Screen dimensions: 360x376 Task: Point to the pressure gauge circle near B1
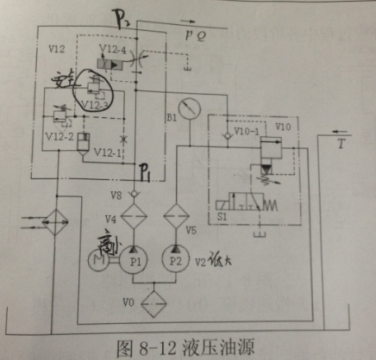(186, 108)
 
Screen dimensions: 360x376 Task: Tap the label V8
(116, 193)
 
